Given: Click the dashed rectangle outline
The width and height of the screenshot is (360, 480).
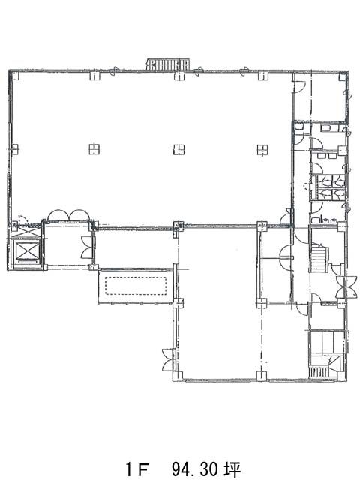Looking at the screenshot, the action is (136, 286).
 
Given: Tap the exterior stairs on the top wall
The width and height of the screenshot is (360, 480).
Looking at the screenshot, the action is (168, 64).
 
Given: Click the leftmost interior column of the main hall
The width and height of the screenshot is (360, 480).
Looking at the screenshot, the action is (94, 149).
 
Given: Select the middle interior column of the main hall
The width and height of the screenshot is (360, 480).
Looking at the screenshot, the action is (179, 149).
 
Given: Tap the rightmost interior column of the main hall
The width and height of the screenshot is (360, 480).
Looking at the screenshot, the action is (263, 149).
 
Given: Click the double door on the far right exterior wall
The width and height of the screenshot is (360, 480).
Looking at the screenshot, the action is (346, 286).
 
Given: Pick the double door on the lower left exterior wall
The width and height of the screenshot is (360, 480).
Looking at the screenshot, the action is (168, 360).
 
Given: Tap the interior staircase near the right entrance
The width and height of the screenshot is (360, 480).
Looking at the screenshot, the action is (319, 257).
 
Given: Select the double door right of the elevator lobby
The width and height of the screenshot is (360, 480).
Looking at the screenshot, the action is (87, 247).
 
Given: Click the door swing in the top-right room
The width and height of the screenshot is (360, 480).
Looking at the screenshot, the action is (298, 86).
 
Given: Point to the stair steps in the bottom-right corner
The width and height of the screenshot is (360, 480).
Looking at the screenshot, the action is (319, 373).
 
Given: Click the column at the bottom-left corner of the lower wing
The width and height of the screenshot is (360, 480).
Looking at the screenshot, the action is (178, 376).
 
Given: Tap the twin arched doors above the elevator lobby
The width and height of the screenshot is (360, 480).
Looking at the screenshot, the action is (68, 215).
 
